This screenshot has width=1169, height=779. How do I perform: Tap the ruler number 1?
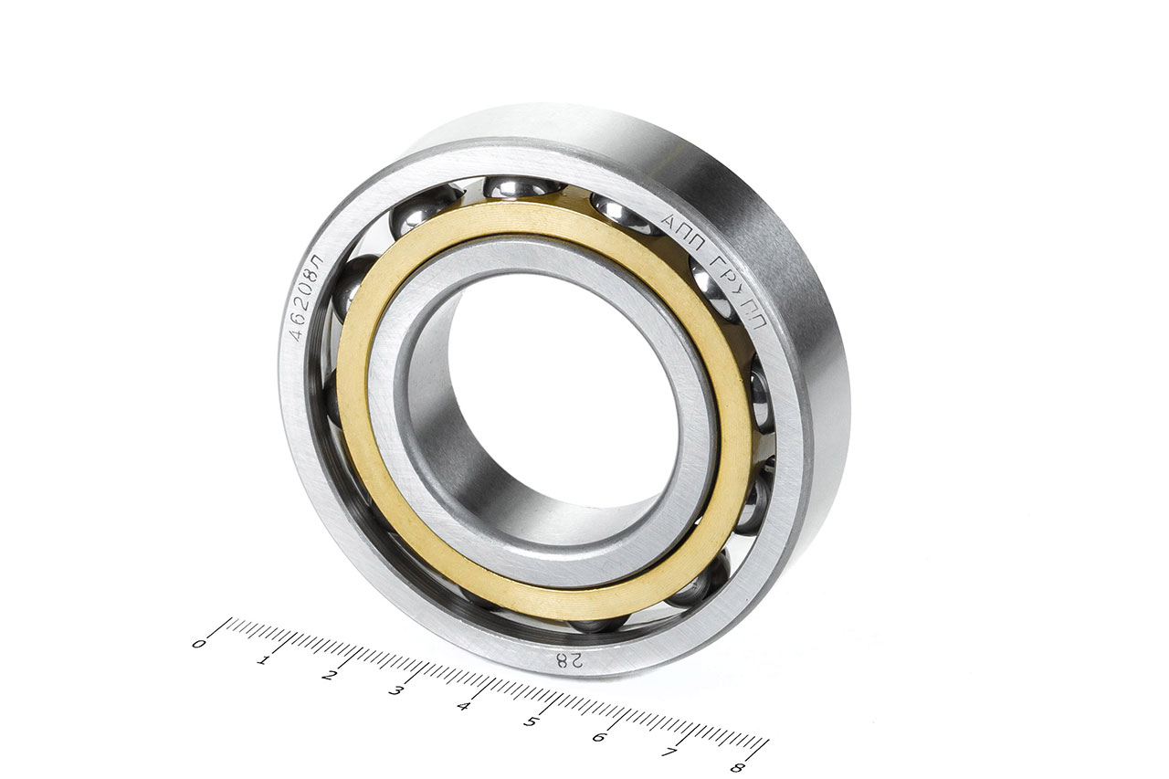point(262,660)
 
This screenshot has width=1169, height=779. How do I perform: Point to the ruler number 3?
point(395,691)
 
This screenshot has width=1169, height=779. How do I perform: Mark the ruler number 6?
point(599,737)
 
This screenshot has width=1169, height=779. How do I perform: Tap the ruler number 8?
point(737,767)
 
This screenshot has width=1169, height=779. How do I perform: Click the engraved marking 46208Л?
point(306,298)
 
